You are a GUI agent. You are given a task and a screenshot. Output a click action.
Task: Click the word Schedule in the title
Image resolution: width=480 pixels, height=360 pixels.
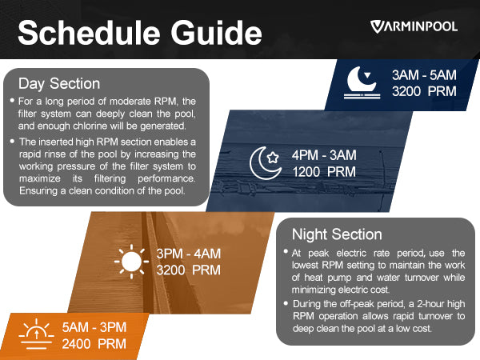89,33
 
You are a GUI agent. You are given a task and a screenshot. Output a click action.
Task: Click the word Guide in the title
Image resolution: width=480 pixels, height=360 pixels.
216,33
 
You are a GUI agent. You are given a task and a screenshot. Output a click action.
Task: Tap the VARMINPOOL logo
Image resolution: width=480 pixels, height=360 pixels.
414,26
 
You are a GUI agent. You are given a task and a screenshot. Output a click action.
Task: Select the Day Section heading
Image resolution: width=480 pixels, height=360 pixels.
59,83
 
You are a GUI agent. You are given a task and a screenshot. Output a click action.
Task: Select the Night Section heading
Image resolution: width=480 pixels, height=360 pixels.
337,234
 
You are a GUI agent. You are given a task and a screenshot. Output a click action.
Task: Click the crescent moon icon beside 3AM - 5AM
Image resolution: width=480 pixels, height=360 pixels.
362,82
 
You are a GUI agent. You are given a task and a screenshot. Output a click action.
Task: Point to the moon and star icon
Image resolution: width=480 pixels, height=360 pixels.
265,162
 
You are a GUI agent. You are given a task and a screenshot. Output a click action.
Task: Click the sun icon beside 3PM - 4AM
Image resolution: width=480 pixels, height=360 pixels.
132,262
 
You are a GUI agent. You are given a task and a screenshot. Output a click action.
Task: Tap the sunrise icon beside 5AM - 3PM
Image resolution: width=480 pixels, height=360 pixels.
37,334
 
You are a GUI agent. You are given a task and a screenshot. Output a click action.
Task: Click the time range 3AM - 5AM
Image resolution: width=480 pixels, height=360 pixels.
424,75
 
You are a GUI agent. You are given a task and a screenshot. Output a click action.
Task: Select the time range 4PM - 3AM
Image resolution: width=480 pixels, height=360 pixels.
324,155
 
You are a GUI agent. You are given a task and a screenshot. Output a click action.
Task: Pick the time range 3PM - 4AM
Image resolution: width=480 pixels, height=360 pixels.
189,254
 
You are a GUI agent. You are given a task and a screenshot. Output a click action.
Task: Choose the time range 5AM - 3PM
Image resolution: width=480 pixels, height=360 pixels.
94,327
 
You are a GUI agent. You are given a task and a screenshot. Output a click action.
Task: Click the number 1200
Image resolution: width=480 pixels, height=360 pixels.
306,172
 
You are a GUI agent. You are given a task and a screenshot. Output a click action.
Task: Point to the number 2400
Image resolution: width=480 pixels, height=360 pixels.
76,344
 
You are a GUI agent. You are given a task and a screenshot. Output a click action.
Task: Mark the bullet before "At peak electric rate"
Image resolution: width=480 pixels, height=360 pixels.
286,252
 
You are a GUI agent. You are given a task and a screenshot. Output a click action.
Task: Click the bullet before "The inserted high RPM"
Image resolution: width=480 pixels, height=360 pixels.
12,141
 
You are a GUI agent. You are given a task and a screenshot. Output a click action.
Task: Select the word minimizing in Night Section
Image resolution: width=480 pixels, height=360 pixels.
309,290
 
